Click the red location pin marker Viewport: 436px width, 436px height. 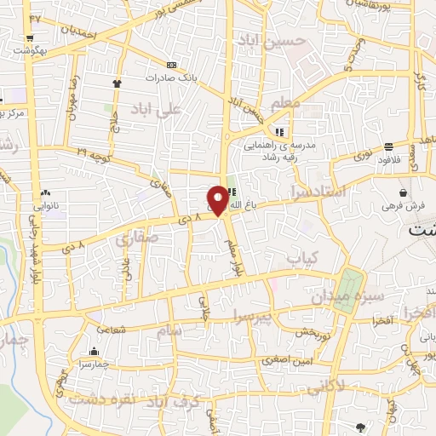[x=218, y=199]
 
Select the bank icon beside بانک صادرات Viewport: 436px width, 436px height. [x=172, y=65]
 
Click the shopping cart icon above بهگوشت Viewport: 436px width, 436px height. [x=31, y=38]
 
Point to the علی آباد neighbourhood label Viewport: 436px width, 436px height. [x=163, y=109]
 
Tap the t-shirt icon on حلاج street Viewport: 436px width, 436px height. [x=118, y=83]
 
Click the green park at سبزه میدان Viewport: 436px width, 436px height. [x=348, y=290]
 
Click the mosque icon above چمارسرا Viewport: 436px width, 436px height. [x=94, y=351]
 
